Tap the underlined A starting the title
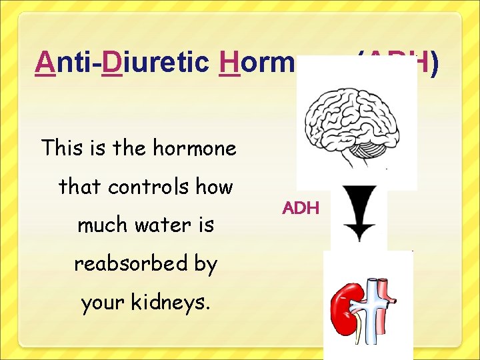tap(45, 63)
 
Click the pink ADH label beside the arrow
tap(301, 208)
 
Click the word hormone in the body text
tap(195, 147)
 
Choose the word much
tap(99, 225)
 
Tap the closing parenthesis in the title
tap(434, 63)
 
